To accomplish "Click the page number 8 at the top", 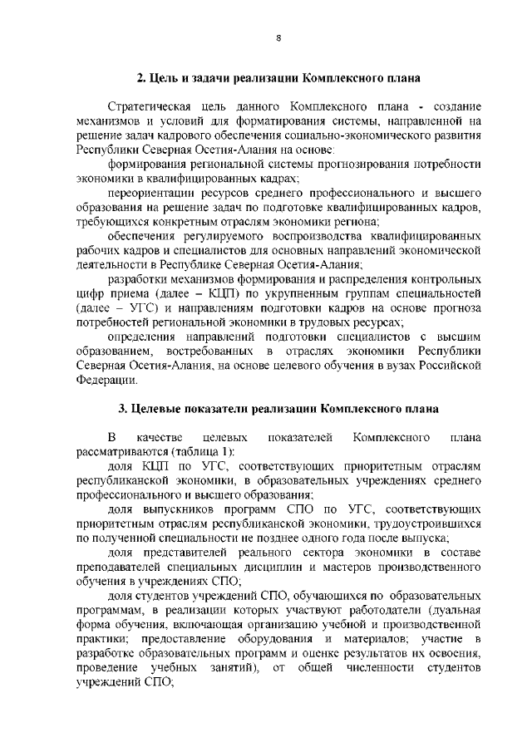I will click(278, 38).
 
